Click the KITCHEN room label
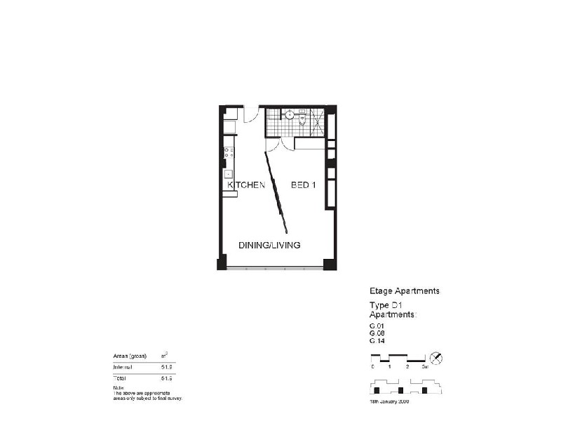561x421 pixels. point(245,186)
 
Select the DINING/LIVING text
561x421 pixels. point(269,246)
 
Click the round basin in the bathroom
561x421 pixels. point(289,114)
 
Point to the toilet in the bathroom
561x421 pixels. point(304,119)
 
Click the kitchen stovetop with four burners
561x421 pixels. point(229,151)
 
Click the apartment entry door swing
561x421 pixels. point(251,114)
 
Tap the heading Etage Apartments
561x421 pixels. point(405,290)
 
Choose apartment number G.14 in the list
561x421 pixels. point(377,341)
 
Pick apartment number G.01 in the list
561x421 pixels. point(377,326)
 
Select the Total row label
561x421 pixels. point(121,377)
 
